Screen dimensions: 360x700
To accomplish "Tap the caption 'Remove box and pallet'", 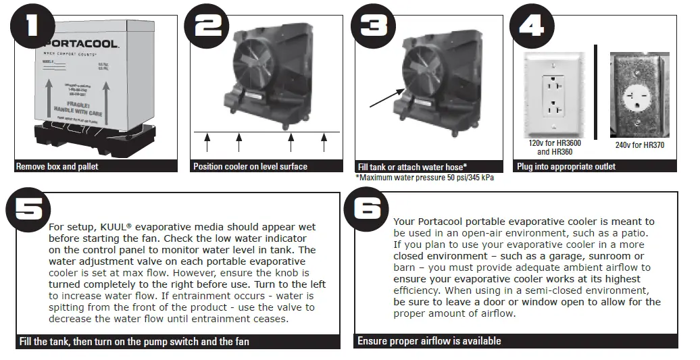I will (57, 166).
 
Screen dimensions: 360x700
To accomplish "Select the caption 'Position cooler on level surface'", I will (250, 166).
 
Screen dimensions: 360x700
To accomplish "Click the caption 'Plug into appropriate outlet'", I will (566, 166).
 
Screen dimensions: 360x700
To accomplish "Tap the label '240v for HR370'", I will (639, 145).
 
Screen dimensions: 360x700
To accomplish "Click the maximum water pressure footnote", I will (420, 178).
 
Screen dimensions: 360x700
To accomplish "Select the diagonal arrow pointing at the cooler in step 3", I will (387, 97).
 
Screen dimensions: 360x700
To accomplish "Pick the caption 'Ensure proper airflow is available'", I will (429, 341).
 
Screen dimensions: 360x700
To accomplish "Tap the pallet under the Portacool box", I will (74, 142).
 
